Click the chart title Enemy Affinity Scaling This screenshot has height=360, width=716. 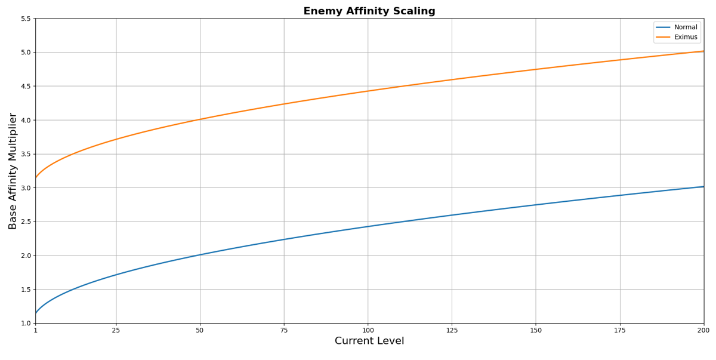coord(369,11)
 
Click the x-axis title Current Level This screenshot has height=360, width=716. coord(369,341)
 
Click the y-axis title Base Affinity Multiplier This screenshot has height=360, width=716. coord(13,171)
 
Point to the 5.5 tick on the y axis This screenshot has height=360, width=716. coord(25,19)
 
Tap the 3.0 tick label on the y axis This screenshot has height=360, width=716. coord(25,188)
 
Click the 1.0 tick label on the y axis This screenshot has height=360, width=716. coord(25,324)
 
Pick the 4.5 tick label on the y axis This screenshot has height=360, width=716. coord(25,87)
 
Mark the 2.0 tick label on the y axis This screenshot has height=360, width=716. coord(25,256)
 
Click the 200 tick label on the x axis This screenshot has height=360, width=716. coord(703,330)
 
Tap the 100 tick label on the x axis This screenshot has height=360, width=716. coord(368,330)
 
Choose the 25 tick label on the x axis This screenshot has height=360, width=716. coord(116,330)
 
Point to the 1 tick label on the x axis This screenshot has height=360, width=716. coord(36,330)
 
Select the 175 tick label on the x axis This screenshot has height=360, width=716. coord(619,330)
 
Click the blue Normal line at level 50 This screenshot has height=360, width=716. coord(200,255)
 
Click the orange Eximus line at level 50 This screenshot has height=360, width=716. coord(200,119)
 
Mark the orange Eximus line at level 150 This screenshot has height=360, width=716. coord(536,69)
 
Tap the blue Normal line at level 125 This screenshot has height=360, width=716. coord(452,215)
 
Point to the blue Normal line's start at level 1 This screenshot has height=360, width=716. coord(36,313)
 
